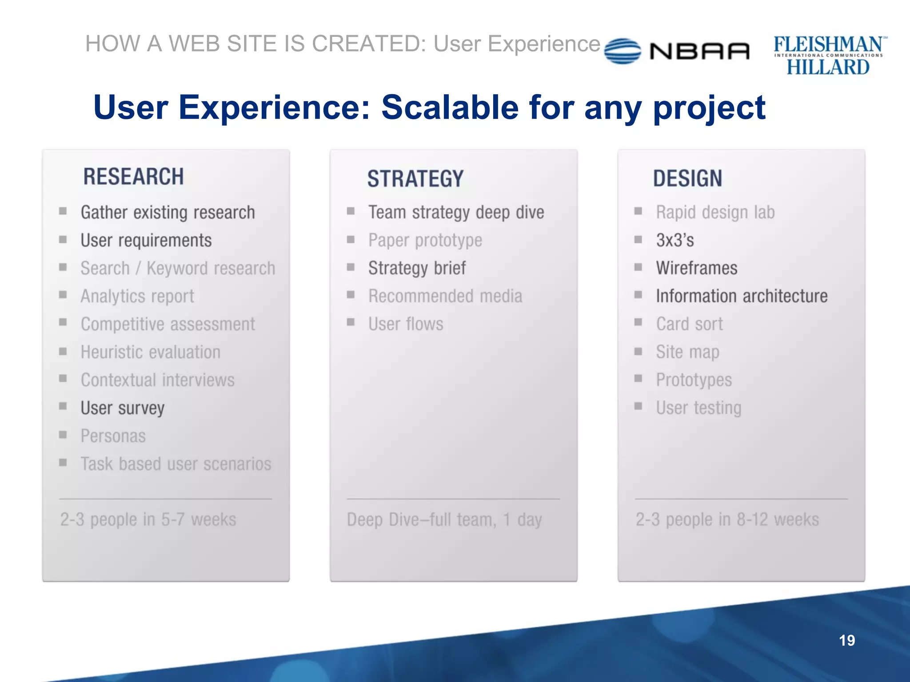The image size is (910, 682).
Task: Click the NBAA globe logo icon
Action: pos(623,51)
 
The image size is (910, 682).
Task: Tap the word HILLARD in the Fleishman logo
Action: pos(828,67)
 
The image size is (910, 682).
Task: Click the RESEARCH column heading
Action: pos(133,177)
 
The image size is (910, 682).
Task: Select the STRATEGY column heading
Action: pos(415,178)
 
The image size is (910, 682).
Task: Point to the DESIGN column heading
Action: pos(687,178)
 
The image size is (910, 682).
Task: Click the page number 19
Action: pos(846,640)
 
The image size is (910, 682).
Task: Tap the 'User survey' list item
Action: pos(122,408)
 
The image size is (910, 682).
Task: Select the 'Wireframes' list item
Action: pos(696,268)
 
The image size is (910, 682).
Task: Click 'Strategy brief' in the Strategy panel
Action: pos(417,268)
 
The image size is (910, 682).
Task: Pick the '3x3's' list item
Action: pos(675,240)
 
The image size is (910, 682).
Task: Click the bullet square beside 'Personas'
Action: pos(63,435)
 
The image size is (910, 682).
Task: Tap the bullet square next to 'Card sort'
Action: pos(638,322)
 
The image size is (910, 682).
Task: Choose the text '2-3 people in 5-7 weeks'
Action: pos(148,519)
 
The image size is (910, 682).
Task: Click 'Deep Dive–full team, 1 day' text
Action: pos(444,519)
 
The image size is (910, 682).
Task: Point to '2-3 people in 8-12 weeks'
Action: pos(727,519)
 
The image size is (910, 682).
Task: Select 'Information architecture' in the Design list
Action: pos(742,296)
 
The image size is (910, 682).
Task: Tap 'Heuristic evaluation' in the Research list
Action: pos(150,352)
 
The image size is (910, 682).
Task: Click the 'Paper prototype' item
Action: pos(425,240)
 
